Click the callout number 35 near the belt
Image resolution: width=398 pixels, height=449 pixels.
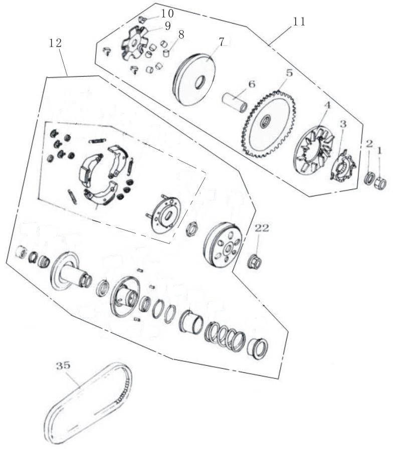[x=63, y=366]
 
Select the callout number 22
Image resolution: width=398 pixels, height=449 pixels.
[x=262, y=228]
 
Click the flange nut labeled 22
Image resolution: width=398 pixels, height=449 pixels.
[x=254, y=261]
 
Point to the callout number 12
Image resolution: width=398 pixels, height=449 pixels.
[x=55, y=43]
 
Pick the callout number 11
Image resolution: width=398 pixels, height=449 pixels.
[x=299, y=22]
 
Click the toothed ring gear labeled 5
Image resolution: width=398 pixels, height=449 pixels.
[x=269, y=124]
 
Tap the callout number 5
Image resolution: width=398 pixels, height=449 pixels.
[x=290, y=73]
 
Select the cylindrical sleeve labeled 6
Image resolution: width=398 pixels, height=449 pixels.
[x=235, y=103]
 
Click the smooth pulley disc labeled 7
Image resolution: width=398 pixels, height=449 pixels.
[x=194, y=79]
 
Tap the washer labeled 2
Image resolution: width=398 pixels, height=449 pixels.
[x=369, y=179]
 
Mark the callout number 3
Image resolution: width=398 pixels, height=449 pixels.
[x=343, y=124]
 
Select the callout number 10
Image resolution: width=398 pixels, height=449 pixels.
[x=167, y=14]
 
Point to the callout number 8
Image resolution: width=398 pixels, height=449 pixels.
[x=180, y=35]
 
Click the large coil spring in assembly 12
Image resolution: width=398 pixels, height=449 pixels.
[x=225, y=337]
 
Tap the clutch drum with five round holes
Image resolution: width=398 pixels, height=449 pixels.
[x=224, y=245]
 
